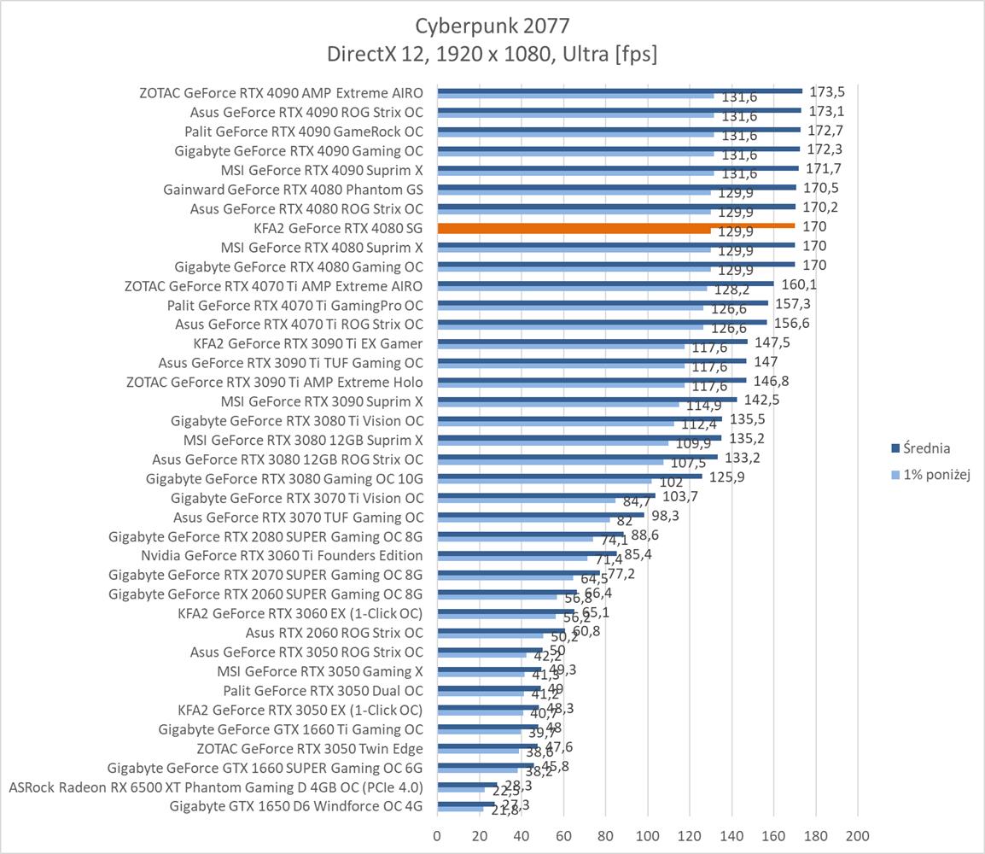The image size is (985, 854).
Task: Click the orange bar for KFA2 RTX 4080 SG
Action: click(615, 226)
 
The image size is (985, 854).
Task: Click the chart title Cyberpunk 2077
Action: click(492, 25)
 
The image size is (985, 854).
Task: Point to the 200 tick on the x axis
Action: click(857, 835)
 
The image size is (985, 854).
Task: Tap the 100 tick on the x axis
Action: click(648, 835)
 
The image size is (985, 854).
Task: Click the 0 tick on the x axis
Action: click(438, 835)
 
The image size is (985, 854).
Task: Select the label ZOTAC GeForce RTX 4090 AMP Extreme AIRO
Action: click(281, 92)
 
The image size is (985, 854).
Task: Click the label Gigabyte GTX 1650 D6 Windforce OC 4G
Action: click(296, 805)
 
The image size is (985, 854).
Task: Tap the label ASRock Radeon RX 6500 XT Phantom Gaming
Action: click(215, 787)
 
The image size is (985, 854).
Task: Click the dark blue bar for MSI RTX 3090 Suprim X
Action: click(587, 399)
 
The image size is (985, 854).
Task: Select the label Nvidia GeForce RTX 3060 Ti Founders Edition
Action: click(282, 556)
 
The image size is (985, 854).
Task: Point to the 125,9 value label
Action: click(727, 477)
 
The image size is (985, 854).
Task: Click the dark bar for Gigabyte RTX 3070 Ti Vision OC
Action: click(546, 495)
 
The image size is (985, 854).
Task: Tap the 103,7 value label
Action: click(680, 496)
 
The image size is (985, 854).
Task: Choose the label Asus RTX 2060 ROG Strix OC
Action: click(334, 633)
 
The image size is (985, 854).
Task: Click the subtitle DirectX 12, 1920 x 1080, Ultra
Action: click(492, 55)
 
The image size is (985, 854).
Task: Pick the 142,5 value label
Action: click(762, 400)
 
